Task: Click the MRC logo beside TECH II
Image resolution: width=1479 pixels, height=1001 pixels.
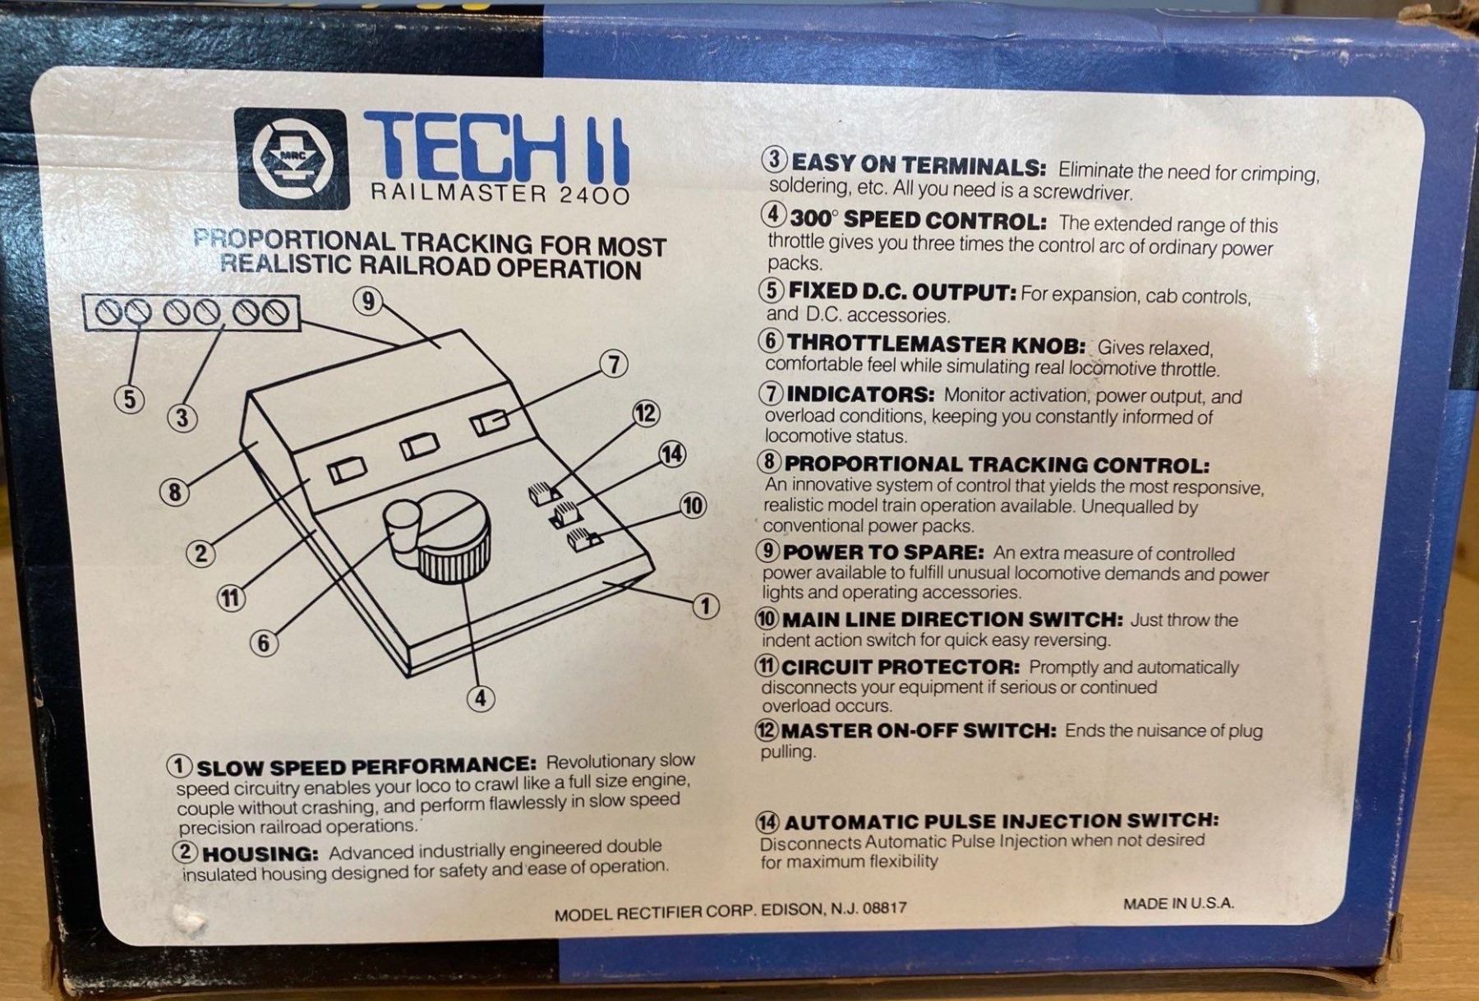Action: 292,159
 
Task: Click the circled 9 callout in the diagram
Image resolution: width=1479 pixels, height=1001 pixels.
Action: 368,302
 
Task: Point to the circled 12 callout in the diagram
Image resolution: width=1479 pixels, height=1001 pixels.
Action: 646,413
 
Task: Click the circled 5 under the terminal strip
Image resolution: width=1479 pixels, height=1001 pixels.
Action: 130,399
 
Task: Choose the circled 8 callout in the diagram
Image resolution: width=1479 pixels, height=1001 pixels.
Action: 174,492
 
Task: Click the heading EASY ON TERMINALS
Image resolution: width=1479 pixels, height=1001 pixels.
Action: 918,166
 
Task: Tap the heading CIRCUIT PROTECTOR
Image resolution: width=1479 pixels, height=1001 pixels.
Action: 901,667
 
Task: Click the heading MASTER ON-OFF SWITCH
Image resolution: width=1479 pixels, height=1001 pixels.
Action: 919,730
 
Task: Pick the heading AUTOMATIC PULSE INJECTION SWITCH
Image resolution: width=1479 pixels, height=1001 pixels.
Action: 1002,821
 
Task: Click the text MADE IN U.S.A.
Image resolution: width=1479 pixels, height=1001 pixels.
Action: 1178,903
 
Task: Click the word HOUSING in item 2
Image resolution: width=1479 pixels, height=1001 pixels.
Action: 260,854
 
